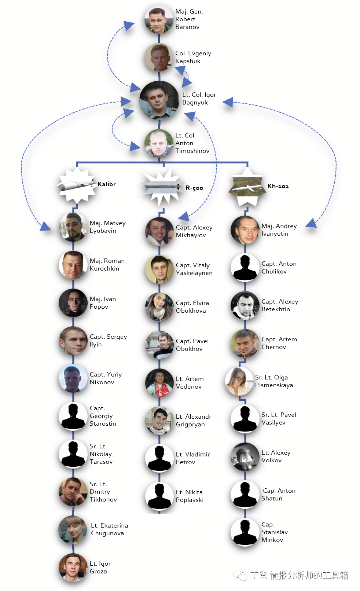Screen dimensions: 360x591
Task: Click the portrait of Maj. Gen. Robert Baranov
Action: (158, 19)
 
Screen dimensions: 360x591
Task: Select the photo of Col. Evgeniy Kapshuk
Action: (158, 58)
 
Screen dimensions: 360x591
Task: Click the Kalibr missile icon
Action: (76, 186)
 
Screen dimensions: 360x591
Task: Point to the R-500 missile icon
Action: (163, 187)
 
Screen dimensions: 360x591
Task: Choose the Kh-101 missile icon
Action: (247, 187)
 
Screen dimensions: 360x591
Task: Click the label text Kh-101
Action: (278, 186)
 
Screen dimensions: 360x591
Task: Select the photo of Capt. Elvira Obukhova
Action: (159, 307)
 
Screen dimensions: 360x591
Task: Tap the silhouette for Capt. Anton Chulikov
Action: (245, 268)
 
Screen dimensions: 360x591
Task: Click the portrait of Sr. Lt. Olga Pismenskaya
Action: (239, 381)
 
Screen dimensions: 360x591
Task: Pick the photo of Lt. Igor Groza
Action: (73, 568)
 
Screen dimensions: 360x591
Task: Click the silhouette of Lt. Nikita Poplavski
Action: (159, 496)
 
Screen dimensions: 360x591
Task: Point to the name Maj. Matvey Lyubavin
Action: (107, 227)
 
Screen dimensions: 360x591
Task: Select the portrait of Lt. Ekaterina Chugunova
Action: (73, 530)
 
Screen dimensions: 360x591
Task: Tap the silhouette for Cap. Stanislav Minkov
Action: (245, 532)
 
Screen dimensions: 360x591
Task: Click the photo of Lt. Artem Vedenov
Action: (159, 383)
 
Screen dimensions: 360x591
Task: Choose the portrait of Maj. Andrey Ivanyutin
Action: (245, 230)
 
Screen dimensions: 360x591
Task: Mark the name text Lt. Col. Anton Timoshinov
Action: (192, 143)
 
